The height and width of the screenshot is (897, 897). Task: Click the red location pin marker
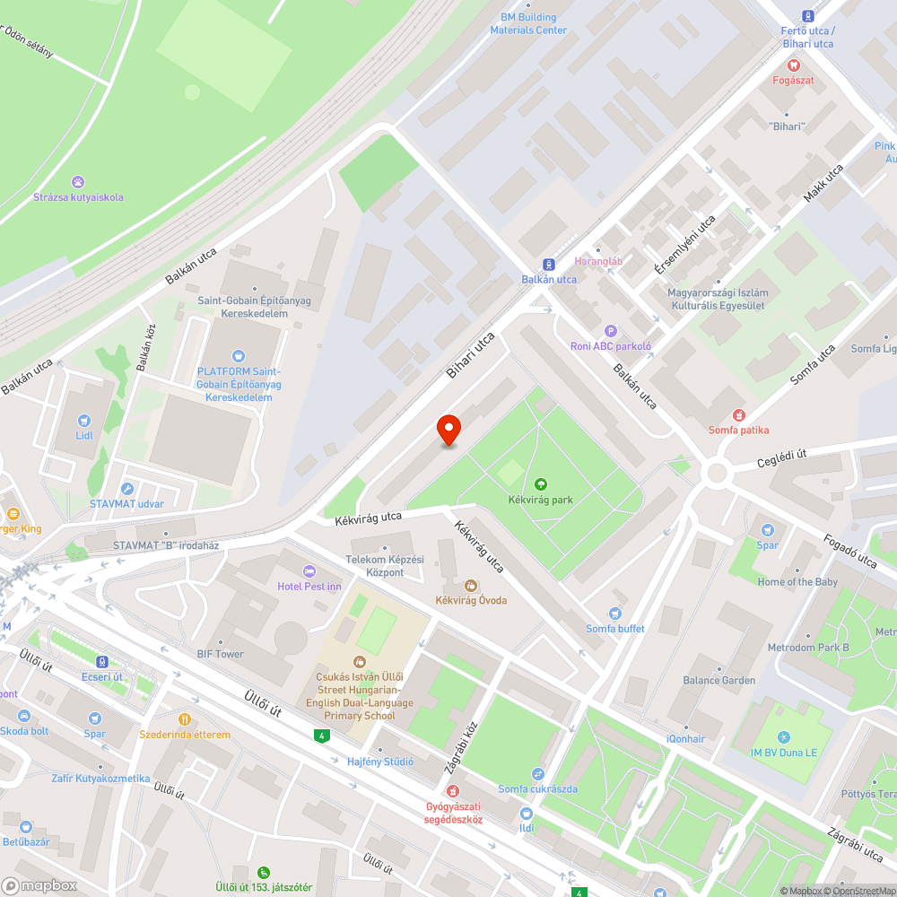coord(448,431)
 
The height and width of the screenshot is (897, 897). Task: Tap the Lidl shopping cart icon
coord(84,420)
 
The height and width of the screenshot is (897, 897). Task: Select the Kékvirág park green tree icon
coord(540,484)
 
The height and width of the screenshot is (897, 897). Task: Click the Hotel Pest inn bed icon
coord(309,571)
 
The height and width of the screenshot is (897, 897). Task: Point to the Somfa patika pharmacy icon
coord(739,415)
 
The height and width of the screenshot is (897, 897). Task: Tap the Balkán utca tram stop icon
coord(549,265)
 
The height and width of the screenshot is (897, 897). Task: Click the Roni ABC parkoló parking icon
coord(611,331)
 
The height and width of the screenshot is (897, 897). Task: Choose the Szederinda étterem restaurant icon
coord(184,719)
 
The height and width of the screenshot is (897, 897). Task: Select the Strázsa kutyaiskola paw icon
coord(78,182)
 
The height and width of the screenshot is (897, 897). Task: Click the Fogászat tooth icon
coord(793,65)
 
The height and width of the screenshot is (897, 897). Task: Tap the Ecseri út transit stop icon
coord(101,662)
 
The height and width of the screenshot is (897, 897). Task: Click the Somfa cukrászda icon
coord(537,773)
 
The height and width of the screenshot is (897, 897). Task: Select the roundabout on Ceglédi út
coord(717,472)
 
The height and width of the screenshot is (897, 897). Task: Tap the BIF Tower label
coord(221,654)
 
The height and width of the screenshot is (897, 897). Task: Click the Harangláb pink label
coord(598,262)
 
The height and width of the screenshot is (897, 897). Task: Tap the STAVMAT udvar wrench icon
coord(126,489)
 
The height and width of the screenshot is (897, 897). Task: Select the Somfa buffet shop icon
coord(614,614)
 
